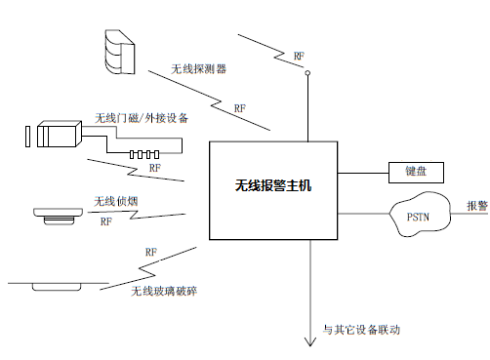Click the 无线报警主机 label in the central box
272,183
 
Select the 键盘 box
417,172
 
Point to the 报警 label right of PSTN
477,206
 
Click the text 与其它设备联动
361,330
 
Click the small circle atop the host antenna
307,72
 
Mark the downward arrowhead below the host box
310,341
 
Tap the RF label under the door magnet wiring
154,169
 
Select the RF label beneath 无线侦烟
105,221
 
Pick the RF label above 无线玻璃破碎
150,253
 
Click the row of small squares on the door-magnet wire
143,154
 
